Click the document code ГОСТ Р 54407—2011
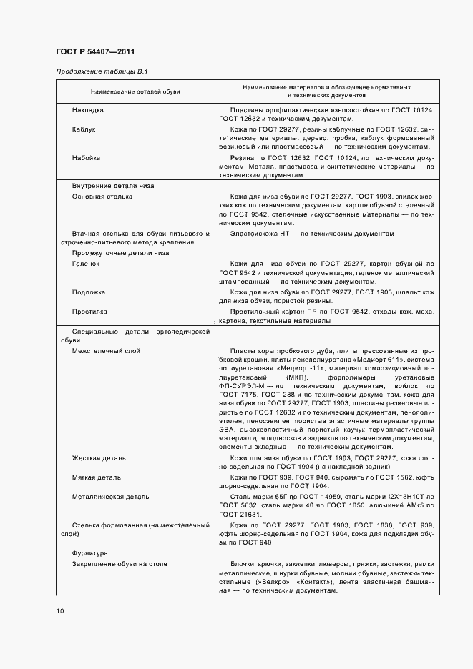point(94,52)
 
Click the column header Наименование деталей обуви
point(135,91)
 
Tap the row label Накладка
point(88,110)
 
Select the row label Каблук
point(84,129)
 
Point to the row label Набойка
point(86,157)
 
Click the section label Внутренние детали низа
point(112,186)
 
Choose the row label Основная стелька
point(102,196)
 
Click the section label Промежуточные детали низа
point(120,253)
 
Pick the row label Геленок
point(86,263)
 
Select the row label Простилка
point(89,311)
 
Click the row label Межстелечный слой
point(106,351)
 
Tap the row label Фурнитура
point(89,553)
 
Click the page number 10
point(59,610)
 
